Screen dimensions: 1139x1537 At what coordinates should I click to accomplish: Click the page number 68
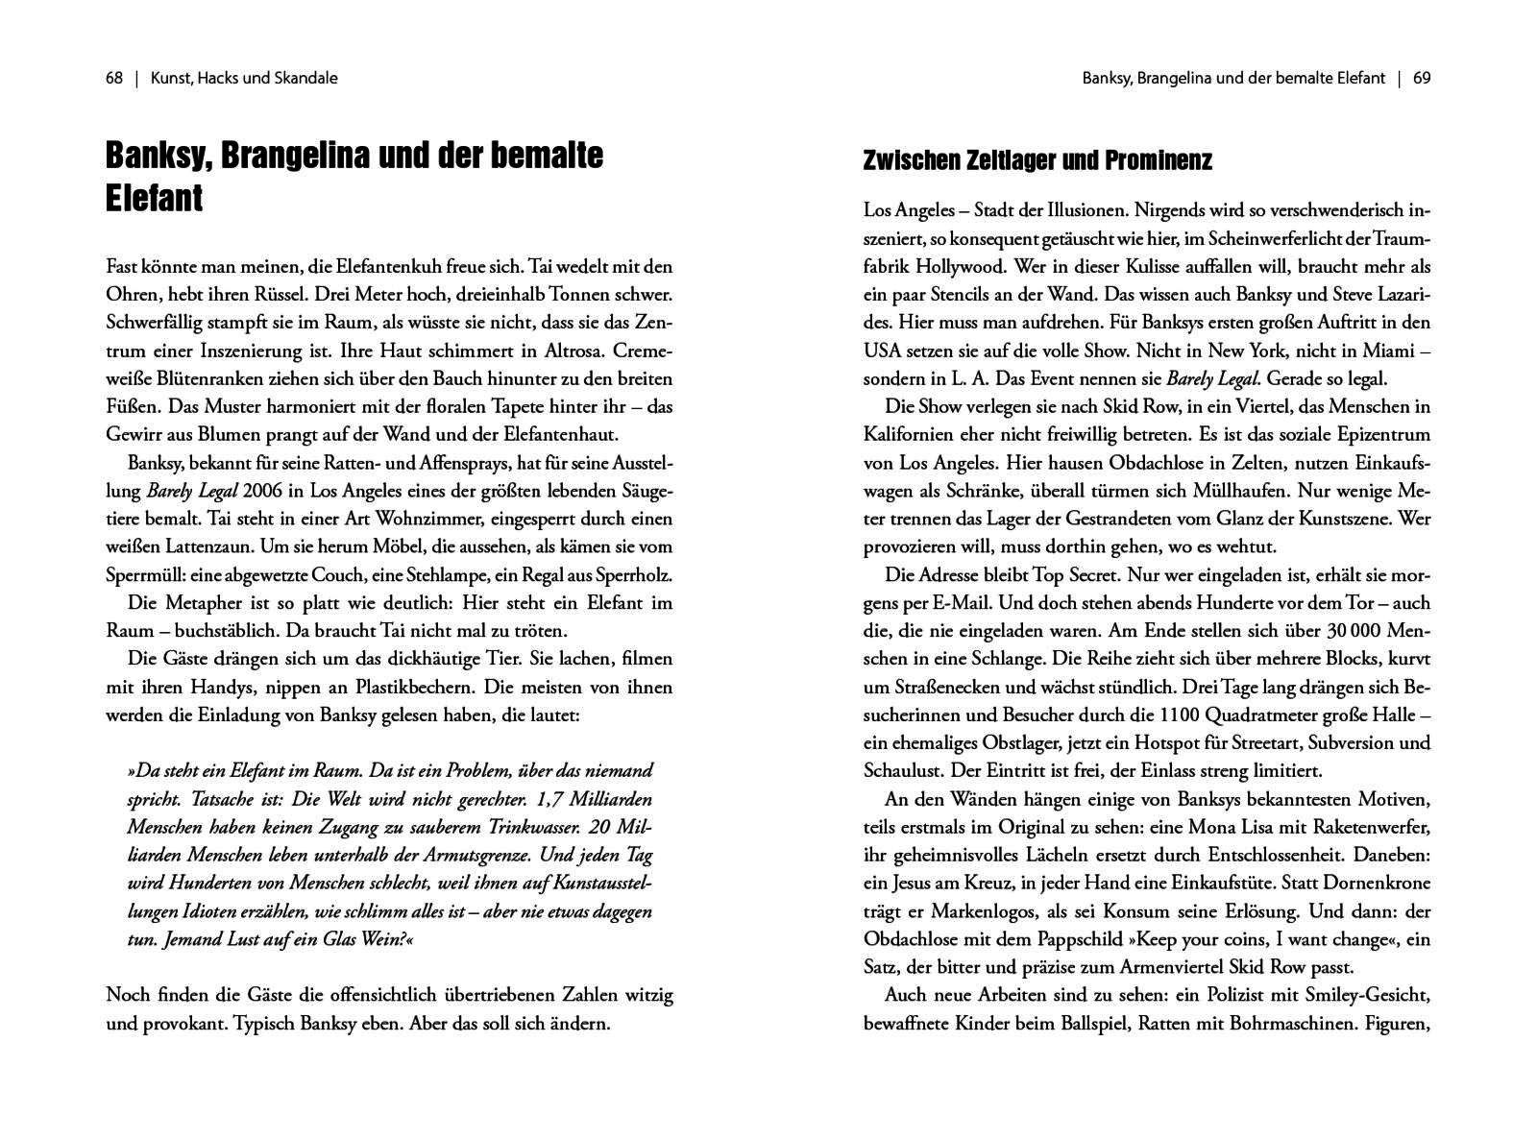(x=114, y=79)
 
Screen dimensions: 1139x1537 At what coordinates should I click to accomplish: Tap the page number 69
(x=1422, y=79)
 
